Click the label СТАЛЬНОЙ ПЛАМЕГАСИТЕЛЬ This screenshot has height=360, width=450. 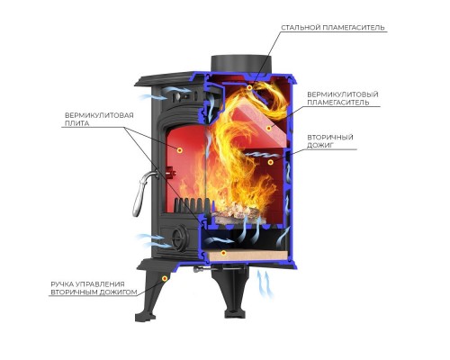click(x=333, y=28)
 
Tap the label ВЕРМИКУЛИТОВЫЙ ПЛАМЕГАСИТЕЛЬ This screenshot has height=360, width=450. click(x=343, y=98)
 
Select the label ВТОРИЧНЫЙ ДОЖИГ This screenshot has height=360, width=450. click(x=330, y=141)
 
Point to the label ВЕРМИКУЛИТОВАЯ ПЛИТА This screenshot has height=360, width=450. click(x=99, y=120)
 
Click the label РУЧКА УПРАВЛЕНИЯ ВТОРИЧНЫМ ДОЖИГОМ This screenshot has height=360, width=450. click(x=94, y=288)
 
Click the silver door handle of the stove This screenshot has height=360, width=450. click(x=142, y=192)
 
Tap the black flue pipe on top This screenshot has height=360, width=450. click(x=241, y=65)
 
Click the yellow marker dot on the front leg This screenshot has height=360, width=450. click(x=165, y=278)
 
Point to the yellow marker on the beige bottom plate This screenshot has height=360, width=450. click(x=223, y=253)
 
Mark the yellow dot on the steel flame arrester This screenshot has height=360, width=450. click(x=249, y=87)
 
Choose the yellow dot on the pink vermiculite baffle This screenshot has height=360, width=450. click(x=269, y=129)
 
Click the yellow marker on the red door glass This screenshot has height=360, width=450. click(x=179, y=150)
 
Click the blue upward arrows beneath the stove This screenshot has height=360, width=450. click(x=265, y=284)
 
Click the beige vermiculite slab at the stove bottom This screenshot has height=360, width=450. click(x=247, y=255)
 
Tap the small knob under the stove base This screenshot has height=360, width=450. click(x=198, y=270)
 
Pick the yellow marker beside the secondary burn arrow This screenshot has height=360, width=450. click(x=271, y=162)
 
